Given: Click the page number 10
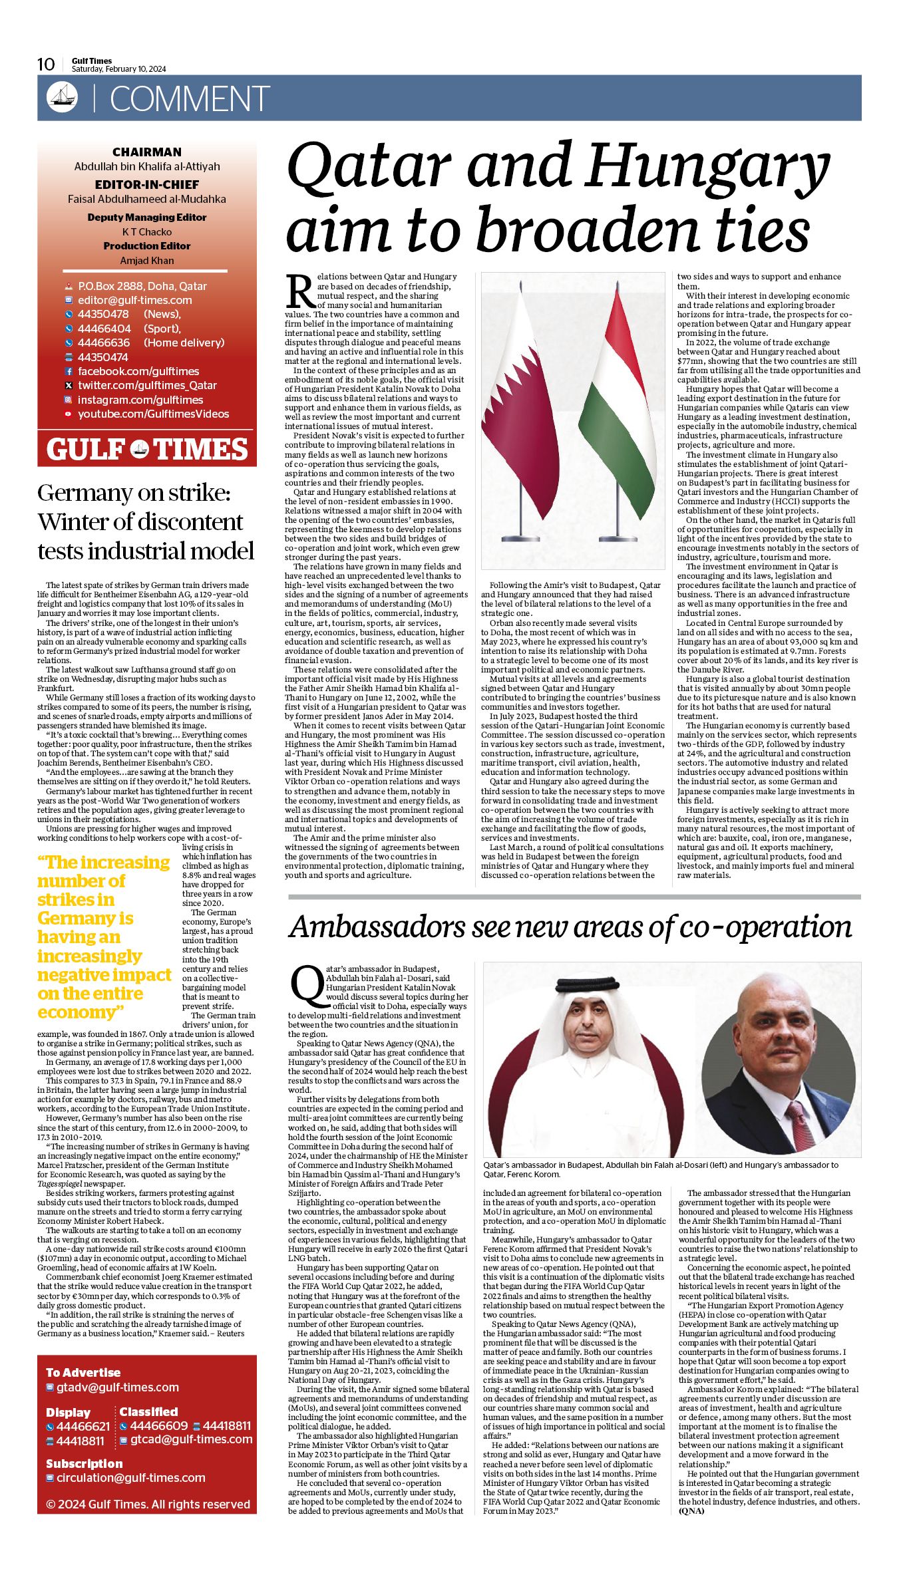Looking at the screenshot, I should [46, 64].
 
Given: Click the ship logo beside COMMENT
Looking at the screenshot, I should [62, 97].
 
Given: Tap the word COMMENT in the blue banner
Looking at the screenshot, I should [190, 99].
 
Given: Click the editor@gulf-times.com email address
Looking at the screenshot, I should [134, 300].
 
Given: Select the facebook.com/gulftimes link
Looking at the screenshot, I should [138, 371].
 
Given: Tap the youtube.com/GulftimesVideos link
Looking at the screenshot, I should [153, 414].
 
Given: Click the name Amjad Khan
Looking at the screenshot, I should [147, 260].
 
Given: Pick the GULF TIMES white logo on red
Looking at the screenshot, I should [147, 450].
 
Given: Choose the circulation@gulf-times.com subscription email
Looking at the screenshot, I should [130, 1477].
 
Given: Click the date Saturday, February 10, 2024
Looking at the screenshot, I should [119, 69].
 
